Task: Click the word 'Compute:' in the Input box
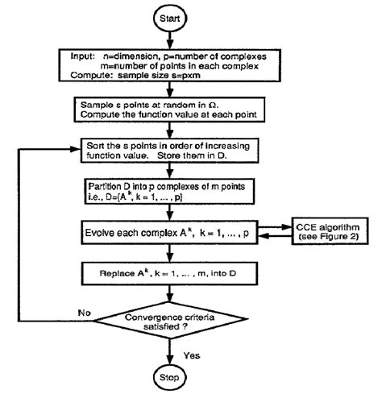pos(83,79)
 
